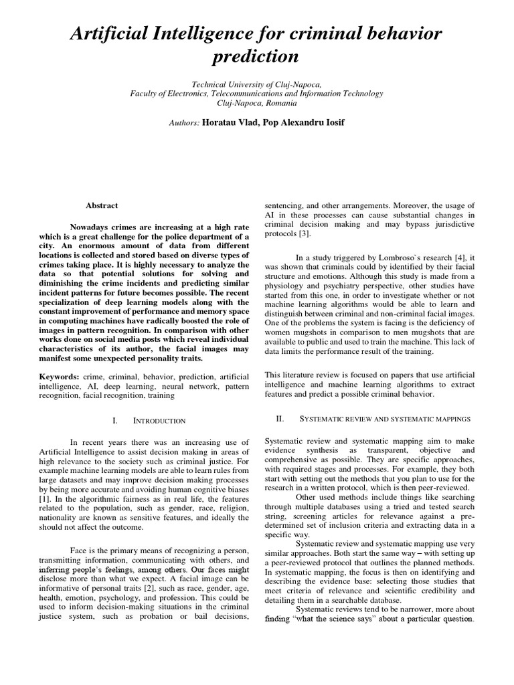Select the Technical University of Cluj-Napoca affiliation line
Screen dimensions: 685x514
pos(257,84)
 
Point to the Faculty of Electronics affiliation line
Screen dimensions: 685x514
pos(257,94)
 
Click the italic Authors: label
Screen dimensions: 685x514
pos(185,123)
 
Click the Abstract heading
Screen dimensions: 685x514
pos(102,206)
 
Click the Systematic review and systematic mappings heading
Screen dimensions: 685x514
pos(384,418)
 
